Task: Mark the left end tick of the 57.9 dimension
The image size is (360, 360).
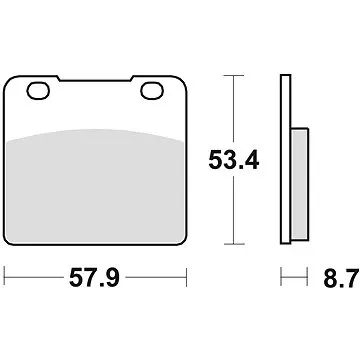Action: (x=5, y=272)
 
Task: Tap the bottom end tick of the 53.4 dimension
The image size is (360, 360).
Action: (x=233, y=243)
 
